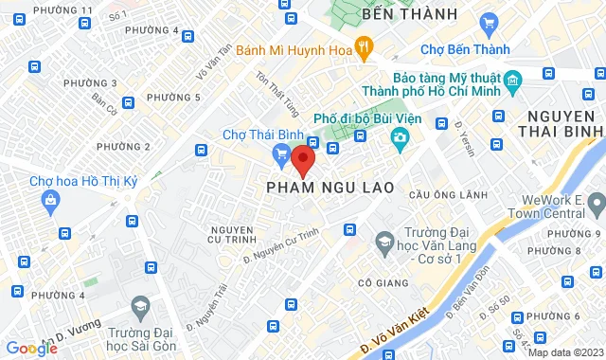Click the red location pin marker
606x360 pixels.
click(302, 159)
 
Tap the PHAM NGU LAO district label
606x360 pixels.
click(330, 189)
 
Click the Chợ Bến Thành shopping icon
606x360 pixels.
click(489, 23)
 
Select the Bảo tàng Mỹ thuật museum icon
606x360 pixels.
click(513, 81)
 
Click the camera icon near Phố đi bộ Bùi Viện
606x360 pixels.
click(400, 139)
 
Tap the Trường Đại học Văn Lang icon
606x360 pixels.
click(384, 246)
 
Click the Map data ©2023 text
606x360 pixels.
click(565, 352)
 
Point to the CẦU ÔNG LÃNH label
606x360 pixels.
click(436, 194)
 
